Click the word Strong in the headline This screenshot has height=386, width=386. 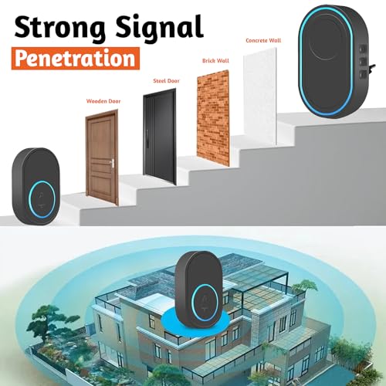pos(59,28)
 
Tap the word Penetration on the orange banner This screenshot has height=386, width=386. pos(75,59)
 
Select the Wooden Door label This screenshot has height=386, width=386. pos(103,101)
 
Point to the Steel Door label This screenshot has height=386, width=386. pos(166,81)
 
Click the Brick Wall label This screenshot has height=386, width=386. pos(215,61)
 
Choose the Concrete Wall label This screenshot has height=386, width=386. pos(263,40)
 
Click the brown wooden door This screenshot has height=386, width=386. pos(102,157)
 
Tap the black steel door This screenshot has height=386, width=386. pos(160,137)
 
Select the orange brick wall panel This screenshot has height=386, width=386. pos(213,117)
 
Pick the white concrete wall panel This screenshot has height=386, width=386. pos(260,96)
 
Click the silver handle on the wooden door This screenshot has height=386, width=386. pos(112,163)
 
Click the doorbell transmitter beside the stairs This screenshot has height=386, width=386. pos(36,186)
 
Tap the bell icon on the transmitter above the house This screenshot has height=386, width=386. pos(205,303)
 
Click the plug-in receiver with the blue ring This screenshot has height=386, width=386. pos(334,61)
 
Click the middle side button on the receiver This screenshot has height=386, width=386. pos(363,61)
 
